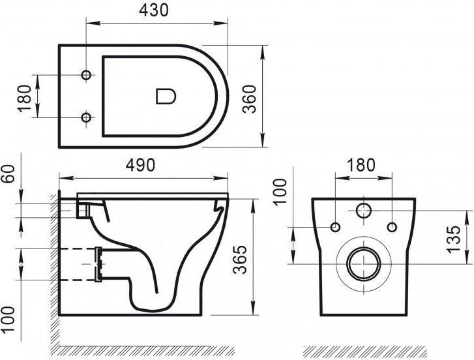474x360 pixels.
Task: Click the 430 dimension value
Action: tap(154, 10)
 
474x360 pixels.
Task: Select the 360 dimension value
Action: tap(250, 99)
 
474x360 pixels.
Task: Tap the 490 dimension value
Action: tap(140, 165)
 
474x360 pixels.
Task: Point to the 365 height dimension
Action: tap(240, 260)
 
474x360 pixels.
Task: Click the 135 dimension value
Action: tap(453, 239)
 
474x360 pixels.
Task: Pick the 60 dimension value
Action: tap(8, 173)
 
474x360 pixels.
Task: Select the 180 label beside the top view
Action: tap(25, 99)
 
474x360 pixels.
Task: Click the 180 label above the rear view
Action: tap(361, 165)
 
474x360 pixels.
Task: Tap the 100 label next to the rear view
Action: tap(280, 192)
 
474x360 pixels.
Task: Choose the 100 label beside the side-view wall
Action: tap(8, 319)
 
